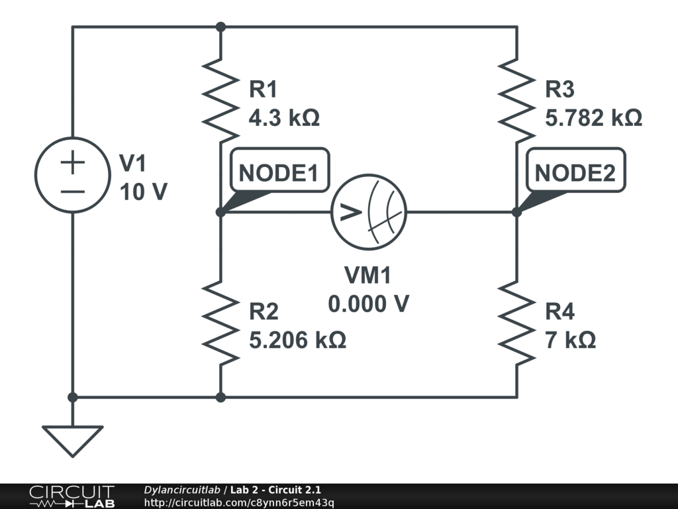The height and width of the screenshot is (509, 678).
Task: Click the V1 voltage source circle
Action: tap(73, 176)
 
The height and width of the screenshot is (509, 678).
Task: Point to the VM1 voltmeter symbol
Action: tap(369, 212)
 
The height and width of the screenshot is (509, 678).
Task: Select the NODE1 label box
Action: tap(278, 172)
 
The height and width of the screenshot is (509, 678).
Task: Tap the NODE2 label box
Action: tap(575, 172)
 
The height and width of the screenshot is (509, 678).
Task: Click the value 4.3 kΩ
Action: tap(284, 119)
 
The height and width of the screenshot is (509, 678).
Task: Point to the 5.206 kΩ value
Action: tap(297, 341)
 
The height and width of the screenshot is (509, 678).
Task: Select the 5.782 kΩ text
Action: tap(593, 119)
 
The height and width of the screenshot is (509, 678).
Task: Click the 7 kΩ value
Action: tap(570, 341)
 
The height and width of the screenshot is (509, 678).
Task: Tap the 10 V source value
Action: tap(143, 192)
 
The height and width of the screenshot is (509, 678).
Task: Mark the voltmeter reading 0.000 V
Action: tap(368, 304)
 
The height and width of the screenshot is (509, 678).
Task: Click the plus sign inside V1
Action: tap(73, 163)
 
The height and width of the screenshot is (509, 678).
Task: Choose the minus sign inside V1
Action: tap(73, 192)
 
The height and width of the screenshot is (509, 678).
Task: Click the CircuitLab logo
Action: tap(71, 496)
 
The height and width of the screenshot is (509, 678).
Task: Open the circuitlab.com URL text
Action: tap(239, 502)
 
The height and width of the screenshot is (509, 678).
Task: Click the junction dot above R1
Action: tap(220, 27)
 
